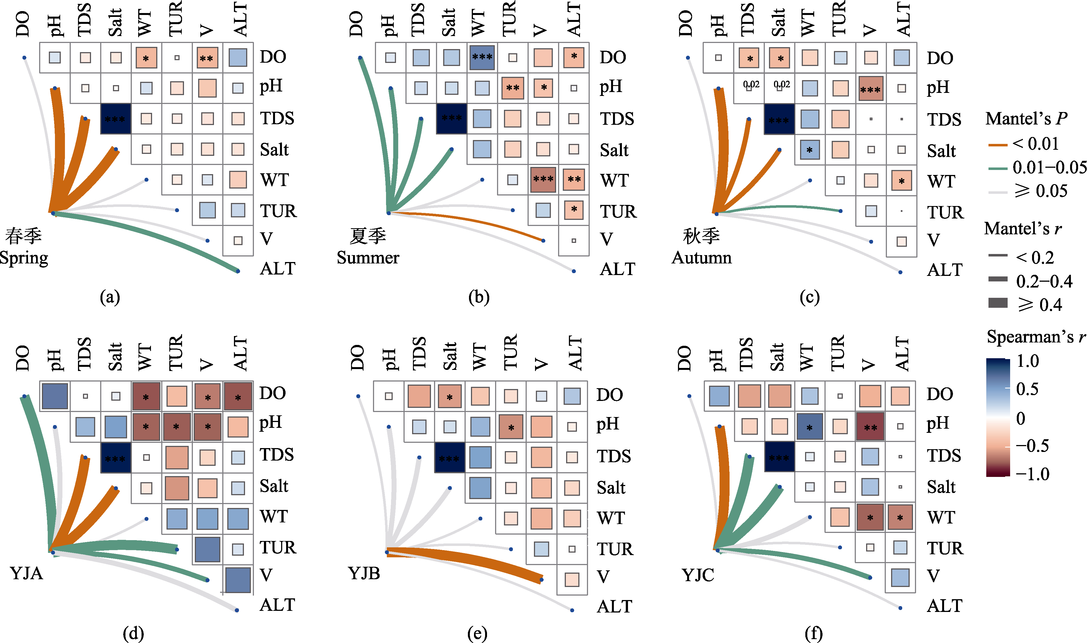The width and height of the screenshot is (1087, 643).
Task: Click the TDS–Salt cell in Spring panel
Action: (115, 119)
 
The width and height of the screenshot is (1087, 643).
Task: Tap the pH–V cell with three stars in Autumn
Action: (871, 88)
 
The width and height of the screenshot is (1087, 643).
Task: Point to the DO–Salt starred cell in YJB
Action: (450, 397)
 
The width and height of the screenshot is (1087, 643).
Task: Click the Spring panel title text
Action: (24, 247)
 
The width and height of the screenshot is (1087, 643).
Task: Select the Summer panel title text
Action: (368, 247)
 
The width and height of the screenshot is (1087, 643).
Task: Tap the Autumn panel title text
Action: (702, 247)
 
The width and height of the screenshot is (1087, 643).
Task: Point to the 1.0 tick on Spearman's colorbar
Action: (1028, 361)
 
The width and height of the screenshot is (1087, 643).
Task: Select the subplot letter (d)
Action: (133, 634)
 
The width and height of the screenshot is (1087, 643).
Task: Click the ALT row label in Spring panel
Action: (278, 269)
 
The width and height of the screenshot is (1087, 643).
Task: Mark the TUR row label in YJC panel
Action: (945, 548)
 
